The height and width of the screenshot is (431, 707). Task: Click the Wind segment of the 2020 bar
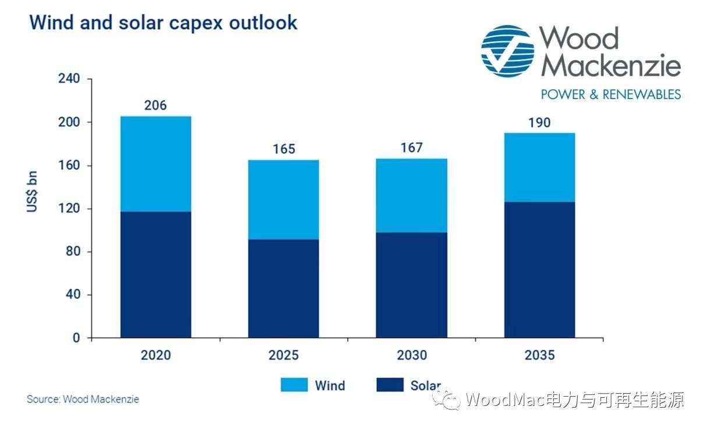click(x=155, y=164)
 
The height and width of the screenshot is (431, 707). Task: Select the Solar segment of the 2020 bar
click(x=155, y=274)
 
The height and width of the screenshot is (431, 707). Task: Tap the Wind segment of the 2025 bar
click(x=284, y=199)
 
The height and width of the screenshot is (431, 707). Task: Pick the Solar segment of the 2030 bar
click(x=412, y=285)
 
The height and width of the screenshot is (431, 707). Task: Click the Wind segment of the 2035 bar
click(x=540, y=167)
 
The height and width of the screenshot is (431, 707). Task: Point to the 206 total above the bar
click(x=155, y=105)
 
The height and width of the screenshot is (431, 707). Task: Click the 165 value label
click(x=284, y=149)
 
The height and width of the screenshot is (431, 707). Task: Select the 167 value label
click(x=412, y=148)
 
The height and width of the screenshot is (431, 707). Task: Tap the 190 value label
click(x=540, y=123)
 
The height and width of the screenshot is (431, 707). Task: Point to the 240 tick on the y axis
click(x=69, y=79)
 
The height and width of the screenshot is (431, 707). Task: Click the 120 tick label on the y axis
click(x=69, y=209)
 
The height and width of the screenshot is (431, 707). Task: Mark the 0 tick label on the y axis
click(x=76, y=338)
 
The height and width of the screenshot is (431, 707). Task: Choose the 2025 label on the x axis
click(x=284, y=355)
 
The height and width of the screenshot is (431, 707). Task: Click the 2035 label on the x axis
click(x=540, y=355)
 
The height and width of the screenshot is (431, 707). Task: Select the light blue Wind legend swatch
click(x=294, y=385)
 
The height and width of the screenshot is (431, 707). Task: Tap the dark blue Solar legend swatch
click(x=390, y=385)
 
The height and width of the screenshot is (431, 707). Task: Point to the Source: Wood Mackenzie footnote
click(x=83, y=400)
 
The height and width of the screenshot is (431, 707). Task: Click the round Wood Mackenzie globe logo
click(x=507, y=51)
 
